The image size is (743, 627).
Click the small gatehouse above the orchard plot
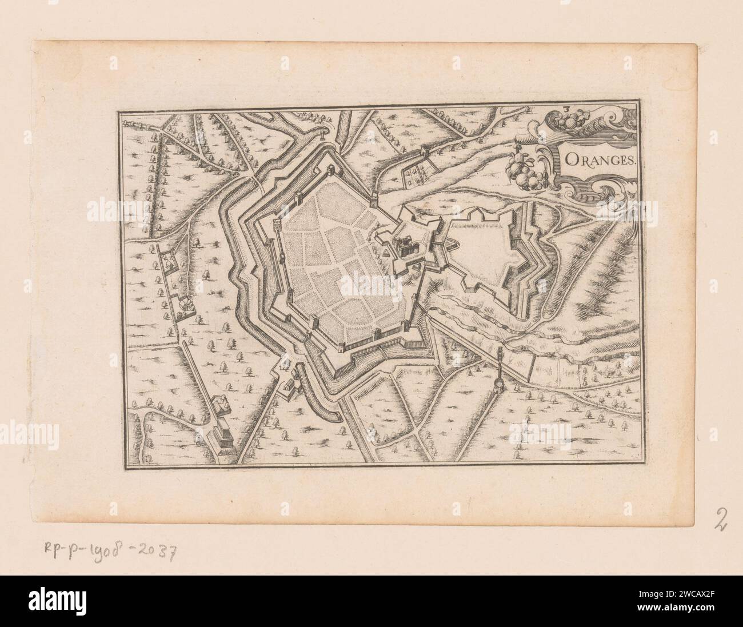(425, 151)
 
